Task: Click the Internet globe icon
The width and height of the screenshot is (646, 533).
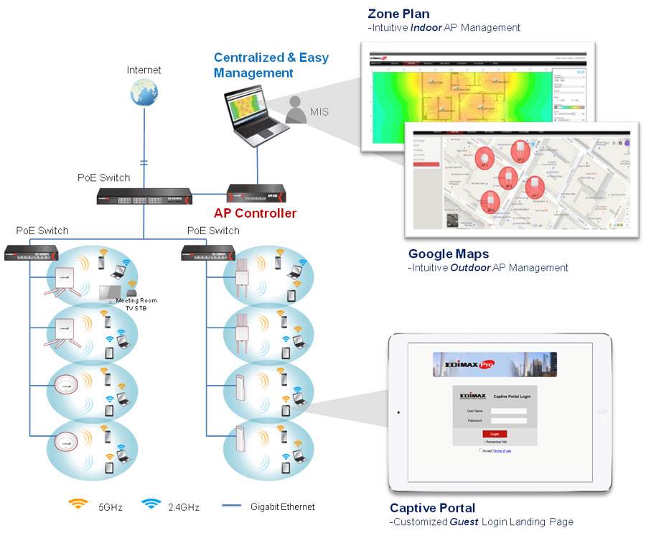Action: (144, 93)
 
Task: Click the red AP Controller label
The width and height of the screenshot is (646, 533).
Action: (255, 213)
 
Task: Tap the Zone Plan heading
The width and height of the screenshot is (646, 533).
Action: (398, 14)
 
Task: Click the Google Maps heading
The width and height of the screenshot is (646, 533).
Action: (449, 254)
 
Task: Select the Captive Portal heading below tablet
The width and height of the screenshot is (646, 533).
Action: (433, 509)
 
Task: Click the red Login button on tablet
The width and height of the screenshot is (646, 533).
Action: (495, 434)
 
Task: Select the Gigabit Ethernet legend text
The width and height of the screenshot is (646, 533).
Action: (283, 507)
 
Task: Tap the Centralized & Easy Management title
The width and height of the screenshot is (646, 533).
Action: (271, 65)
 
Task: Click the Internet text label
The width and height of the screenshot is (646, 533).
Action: (144, 70)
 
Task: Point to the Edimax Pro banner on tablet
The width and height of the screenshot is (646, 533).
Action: (495, 364)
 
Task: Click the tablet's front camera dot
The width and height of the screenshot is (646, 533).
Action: (398, 412)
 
